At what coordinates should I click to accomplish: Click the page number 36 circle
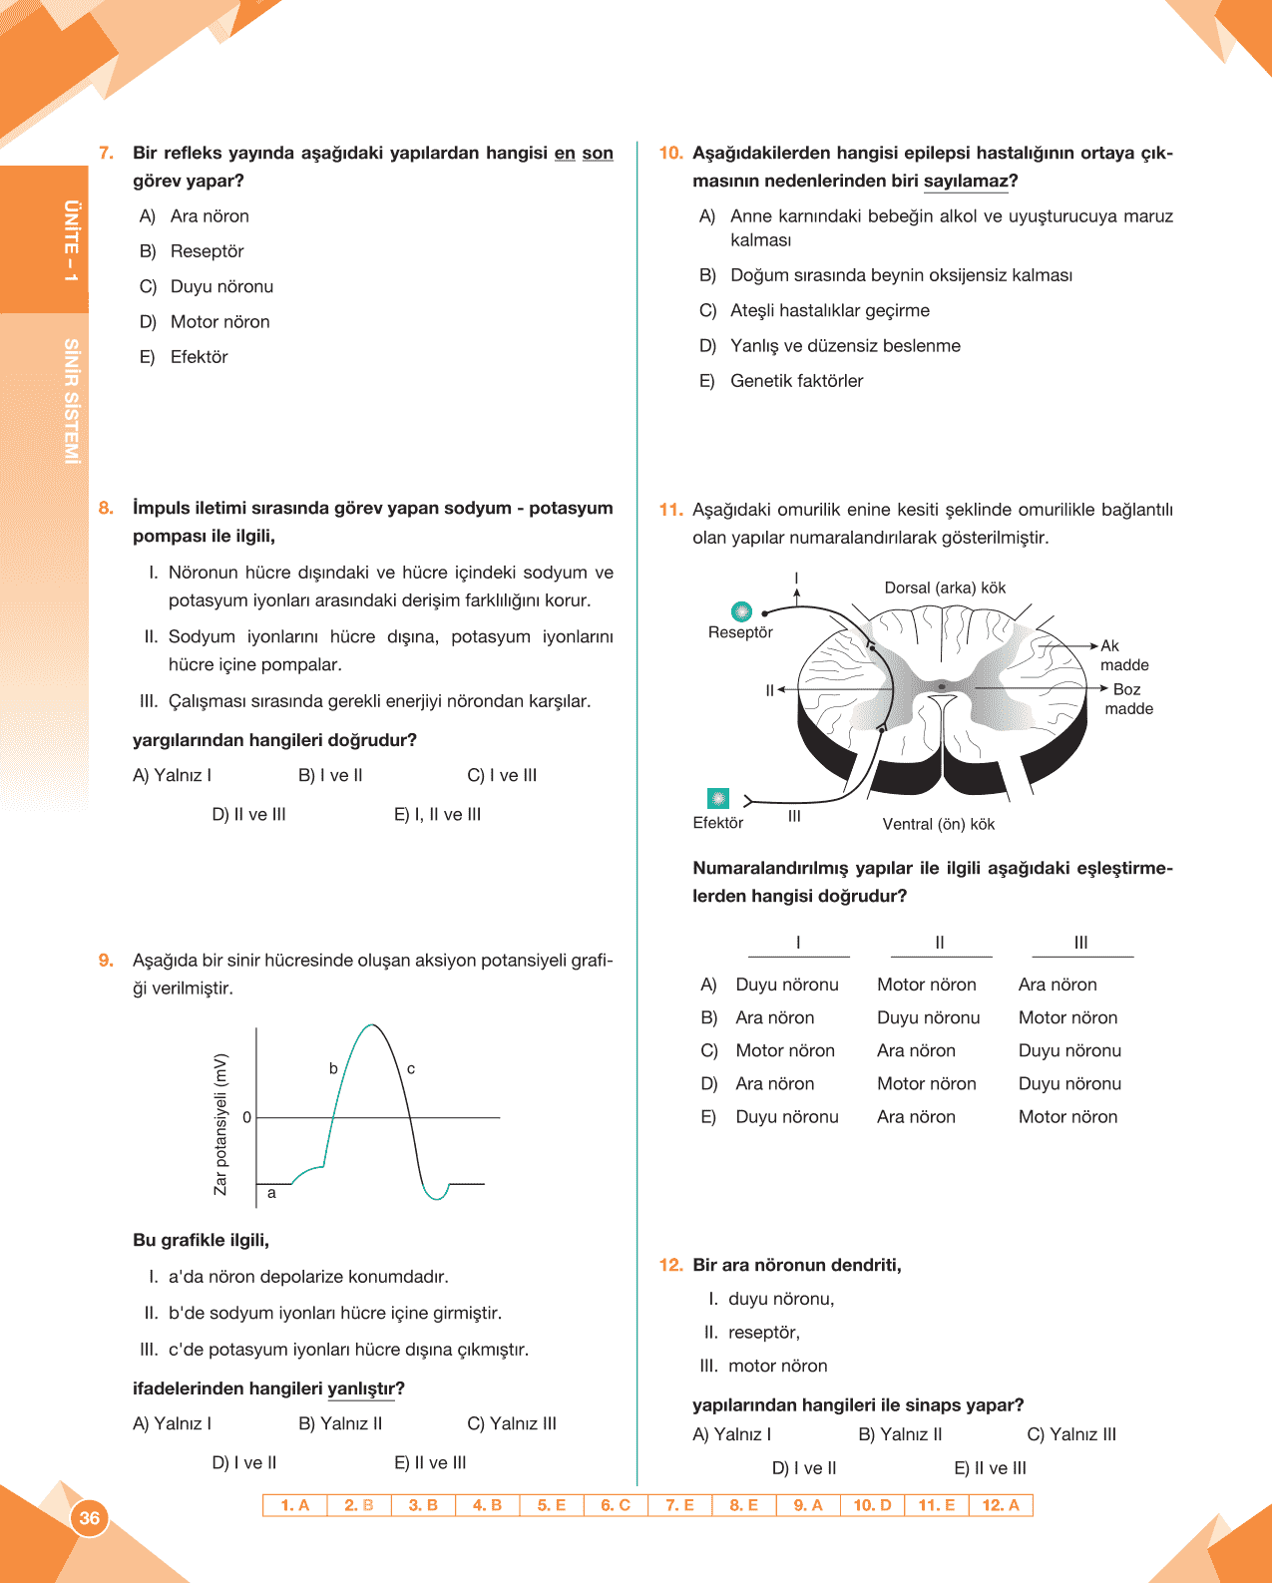point(89,1518)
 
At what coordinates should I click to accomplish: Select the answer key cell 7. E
point(679,1505)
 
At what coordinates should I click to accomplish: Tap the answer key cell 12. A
point(1001,1505)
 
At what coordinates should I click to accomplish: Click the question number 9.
point(106,961)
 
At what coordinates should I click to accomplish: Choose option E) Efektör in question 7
point(185,357)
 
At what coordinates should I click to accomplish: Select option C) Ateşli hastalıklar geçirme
point(815,310)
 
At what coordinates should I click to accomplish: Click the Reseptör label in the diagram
point(740,632)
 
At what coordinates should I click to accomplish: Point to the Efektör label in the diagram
point(717,823)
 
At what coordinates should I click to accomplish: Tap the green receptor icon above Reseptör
point(741,611)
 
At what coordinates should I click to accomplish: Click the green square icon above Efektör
point(718,798)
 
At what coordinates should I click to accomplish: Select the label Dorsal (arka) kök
point(945,588)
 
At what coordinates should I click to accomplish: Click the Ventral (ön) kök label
point(938,824)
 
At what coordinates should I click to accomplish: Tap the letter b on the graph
point(333,1068)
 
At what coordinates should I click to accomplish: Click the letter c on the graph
point(411,1068)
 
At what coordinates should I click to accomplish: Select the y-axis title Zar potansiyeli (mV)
point(220,1124)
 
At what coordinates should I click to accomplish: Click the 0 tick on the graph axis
point(247,1117)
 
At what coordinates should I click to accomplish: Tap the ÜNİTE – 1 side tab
point(71,240)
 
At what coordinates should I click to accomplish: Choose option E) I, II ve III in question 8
point(437,814)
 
